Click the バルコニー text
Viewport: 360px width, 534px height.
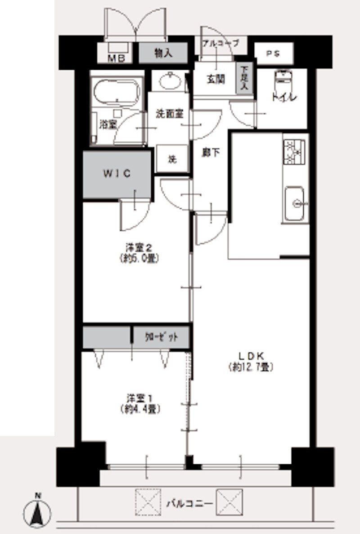point(189,503)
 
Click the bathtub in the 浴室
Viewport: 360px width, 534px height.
point(117,92)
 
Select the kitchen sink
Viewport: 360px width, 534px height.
point(295,203)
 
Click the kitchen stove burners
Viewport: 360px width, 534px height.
point(294,152)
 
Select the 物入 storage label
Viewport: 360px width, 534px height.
point(163,54)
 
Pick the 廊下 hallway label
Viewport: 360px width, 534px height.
point(211,153)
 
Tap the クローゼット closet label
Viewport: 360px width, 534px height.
point(162,337)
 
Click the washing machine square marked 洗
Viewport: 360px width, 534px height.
point(171,158)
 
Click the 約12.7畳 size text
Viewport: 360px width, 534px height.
point(251,367)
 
